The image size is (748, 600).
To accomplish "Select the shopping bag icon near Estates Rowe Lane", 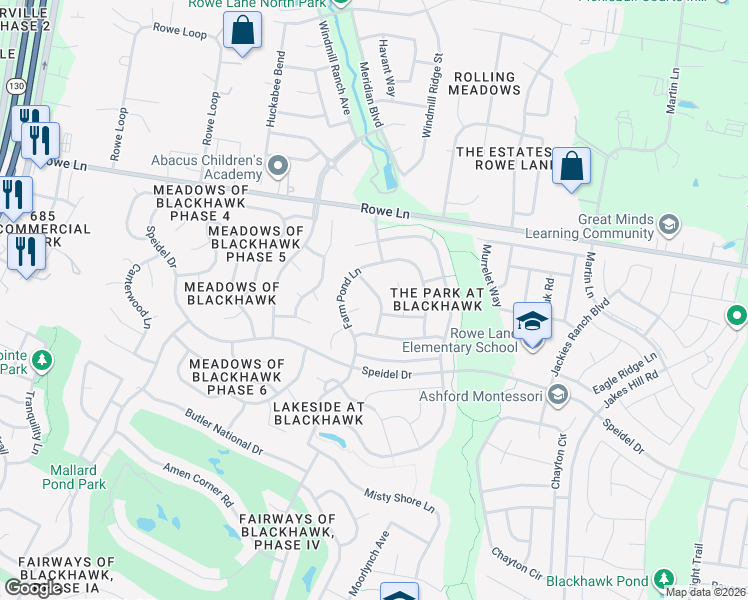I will [571, 166].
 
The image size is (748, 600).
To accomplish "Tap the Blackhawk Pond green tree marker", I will [662, 579].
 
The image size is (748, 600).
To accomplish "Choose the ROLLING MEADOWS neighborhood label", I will [486, 83].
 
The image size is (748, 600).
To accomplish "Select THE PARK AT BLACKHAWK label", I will [438, 298].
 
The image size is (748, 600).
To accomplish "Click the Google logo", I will [33, 588].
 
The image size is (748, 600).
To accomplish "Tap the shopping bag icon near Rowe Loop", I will [242, 31].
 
